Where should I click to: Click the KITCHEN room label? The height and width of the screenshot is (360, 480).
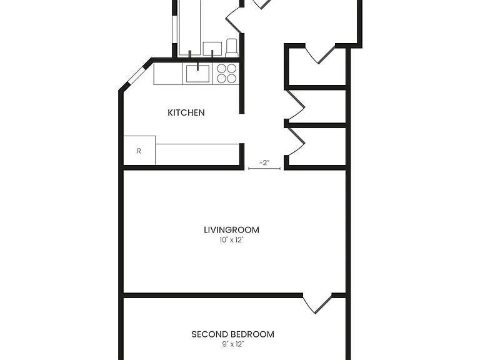point(186,112)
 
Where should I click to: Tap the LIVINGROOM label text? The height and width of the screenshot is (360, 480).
point(231,229)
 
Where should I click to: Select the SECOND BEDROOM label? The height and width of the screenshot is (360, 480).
point(232,334)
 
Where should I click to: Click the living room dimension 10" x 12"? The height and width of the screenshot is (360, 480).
point(231,240)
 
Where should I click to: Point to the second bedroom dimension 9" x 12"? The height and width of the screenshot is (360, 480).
point(232,344)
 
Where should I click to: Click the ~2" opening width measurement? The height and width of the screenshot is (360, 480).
point(264,163)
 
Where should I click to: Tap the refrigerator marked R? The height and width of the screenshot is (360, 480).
point(139,150)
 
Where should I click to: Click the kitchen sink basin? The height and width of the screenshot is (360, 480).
point(197,74)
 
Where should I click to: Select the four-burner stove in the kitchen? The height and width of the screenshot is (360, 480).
point(226,74)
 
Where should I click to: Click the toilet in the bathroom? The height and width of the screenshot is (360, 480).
point(232,47)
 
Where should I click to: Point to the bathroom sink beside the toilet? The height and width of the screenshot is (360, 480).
point(212,49)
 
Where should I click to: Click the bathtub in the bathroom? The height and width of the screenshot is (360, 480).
point(189,28)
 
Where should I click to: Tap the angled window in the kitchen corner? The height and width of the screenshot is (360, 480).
point(136,75)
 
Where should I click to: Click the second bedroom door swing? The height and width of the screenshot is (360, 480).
point(317,304)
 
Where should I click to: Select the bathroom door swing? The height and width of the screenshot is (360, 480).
point(235,18)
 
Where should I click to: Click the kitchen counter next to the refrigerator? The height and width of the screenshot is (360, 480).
point(197,154)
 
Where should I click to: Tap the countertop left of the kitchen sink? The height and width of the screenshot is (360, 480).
point(167,74)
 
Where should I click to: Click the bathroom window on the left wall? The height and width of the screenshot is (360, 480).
point(174,29)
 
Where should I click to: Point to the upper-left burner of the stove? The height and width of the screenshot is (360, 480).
point(221,68)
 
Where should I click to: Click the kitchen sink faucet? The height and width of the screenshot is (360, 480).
point(197,66)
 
